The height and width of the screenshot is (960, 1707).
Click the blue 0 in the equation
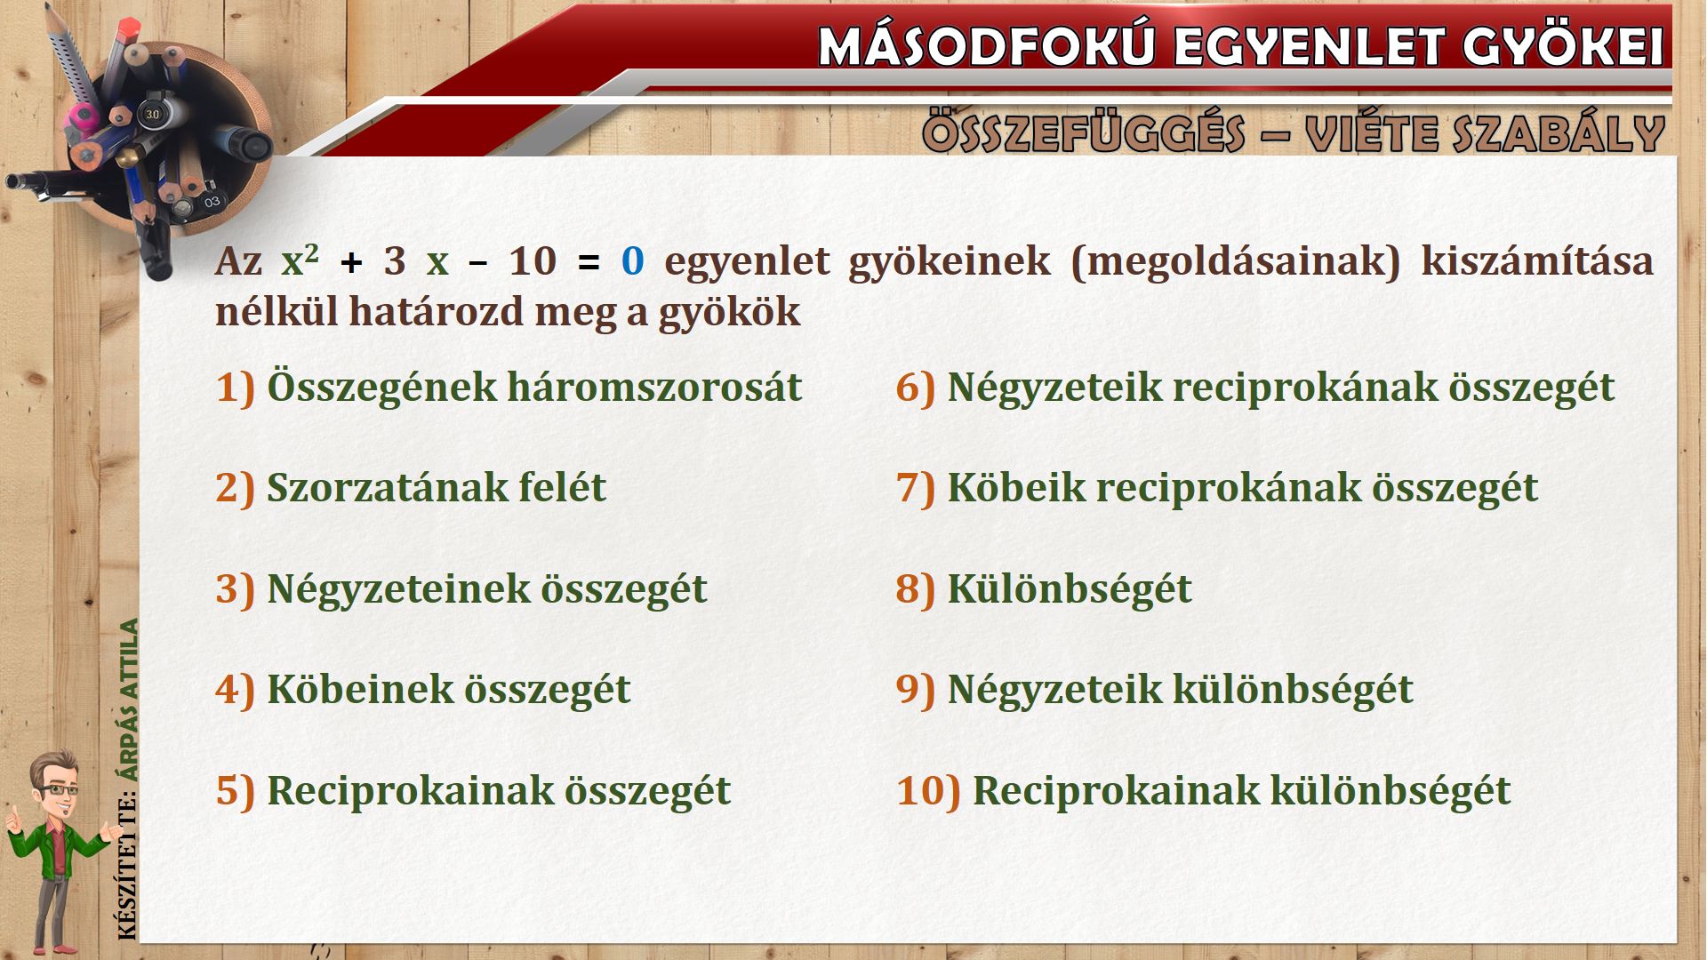pyautogui.click(x=632, y=261)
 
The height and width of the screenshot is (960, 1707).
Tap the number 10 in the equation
pyautogui.click(x=533, y=261)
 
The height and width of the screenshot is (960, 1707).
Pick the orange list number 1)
pyautogui.click(x=236, y=388)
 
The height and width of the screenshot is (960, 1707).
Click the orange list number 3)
pyautogui.click(x=236, y=589)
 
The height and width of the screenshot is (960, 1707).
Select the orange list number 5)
pyautogui.click(x=236, y=791)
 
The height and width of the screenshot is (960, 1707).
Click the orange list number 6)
pyautogui.click(x=916, y=388)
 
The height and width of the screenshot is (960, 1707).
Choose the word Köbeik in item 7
pyautogui.click(x=1016, y=488)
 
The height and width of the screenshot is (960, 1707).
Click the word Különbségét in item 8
pyautogui.click(x=1070, y=589)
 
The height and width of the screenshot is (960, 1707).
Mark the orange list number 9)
pyautogui.click(x=916, y=690)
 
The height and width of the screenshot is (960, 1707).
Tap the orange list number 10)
pyautogui.click(x=928, y=791)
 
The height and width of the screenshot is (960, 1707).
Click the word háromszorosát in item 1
pyautogui.click(x=654, y=388)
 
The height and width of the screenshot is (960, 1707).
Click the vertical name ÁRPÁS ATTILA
pyautogui.click(x=130, y=700)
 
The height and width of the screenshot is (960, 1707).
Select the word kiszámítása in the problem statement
pyautogui.click(x=1537, y=261)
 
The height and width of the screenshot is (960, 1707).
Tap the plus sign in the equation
pyautogui.click(x=352, y=263)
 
